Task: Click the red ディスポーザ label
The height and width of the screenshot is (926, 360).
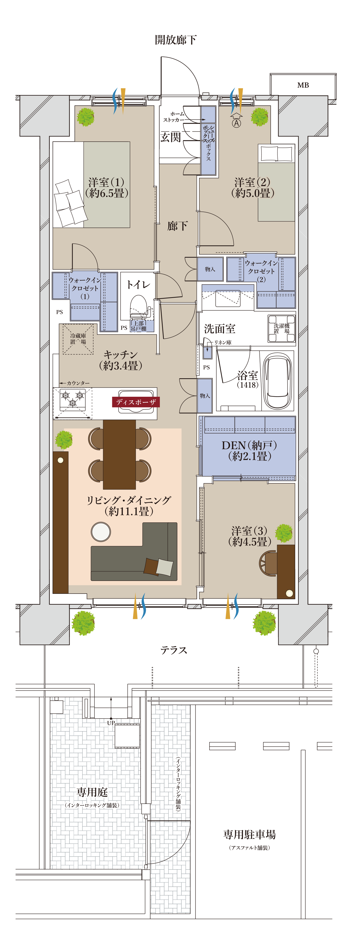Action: tap(136, 402)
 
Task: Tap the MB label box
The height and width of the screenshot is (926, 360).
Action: tap(303, 85)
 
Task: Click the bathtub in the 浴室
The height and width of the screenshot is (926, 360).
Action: tap(277, 380)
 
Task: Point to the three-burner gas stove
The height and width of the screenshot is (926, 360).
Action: tap(72, 399)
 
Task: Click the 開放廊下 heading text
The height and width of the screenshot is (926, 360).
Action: tap(176, 40)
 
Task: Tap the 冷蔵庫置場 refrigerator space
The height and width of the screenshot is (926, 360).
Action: tap(78, 339)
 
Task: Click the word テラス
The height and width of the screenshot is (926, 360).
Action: tap(174, 650)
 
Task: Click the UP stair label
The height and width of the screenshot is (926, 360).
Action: tap(111, 723)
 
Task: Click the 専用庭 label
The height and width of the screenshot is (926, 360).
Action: tap(92, 792)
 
